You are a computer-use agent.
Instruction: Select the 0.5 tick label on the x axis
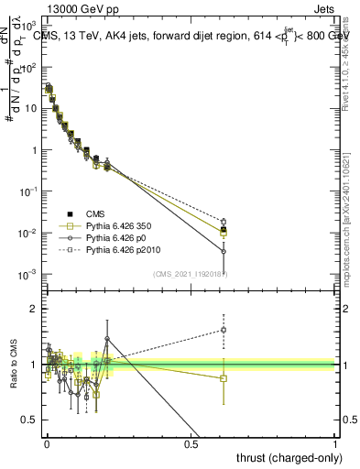191,443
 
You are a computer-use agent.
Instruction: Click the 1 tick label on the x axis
336,443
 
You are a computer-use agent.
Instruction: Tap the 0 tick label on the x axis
46,443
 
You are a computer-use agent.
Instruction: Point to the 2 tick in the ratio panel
36,309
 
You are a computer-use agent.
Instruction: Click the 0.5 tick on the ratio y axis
30,420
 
